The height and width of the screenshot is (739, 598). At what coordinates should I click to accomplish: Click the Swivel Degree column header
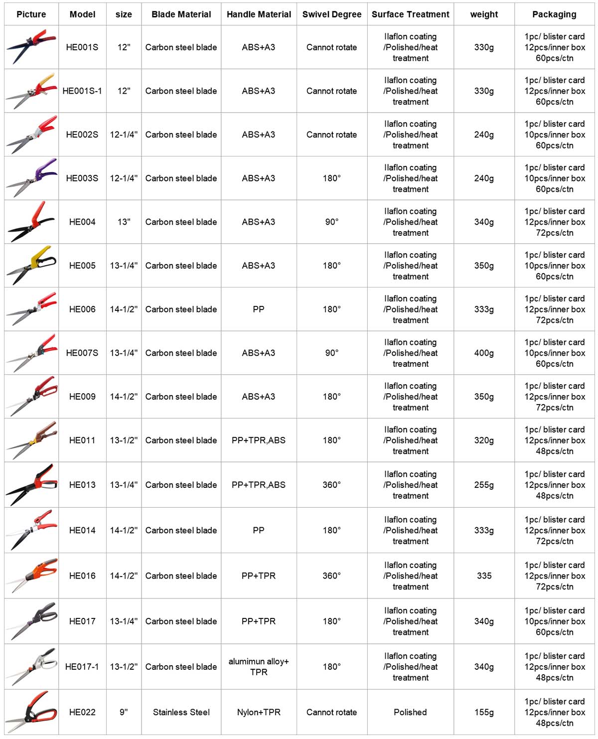[331, 14]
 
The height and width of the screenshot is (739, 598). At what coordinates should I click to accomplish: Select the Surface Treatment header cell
[410, 14]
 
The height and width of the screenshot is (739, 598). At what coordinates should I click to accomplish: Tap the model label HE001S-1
[82, 91]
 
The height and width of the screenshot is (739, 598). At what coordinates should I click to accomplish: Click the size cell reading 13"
[124, 222]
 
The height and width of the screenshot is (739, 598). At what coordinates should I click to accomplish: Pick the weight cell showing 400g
[484, 353]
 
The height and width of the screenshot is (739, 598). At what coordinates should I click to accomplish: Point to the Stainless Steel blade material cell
[181, 712]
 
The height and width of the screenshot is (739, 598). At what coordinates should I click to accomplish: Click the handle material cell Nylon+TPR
[259, 712]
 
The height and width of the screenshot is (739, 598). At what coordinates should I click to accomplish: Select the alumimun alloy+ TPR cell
[259, 667]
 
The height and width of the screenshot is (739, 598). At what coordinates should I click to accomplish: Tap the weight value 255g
[484, 484]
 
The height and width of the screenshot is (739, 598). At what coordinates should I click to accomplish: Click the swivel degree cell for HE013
[331, 484]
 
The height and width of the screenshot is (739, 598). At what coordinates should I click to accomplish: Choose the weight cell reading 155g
[484, 712]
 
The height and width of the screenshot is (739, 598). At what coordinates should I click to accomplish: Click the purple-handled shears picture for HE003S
[32, 177]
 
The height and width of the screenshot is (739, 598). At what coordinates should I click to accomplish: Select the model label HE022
[82, 712]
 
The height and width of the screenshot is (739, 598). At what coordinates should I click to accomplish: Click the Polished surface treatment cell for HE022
[410, 712]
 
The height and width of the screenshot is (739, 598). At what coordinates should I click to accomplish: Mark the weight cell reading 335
[484, 576]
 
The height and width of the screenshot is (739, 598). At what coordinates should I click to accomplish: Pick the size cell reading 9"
[124, 712]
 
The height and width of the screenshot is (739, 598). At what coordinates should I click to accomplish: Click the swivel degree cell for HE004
[331, 222]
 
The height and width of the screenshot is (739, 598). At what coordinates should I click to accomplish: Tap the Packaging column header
[554, 14]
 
